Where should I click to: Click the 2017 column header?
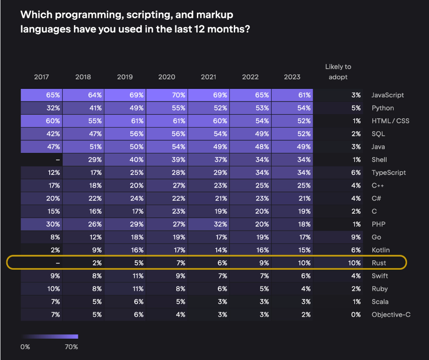41,77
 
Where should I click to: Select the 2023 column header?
292,77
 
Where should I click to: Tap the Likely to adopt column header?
338,72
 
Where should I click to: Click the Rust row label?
379,263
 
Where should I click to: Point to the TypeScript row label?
388,172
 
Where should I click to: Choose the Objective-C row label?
391,314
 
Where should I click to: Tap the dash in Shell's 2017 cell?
58,160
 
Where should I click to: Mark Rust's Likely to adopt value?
354,263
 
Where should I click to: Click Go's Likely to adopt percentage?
356,237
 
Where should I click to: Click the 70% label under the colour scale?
72,346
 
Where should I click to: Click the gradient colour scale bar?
50,337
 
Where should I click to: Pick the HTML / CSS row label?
390,121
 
